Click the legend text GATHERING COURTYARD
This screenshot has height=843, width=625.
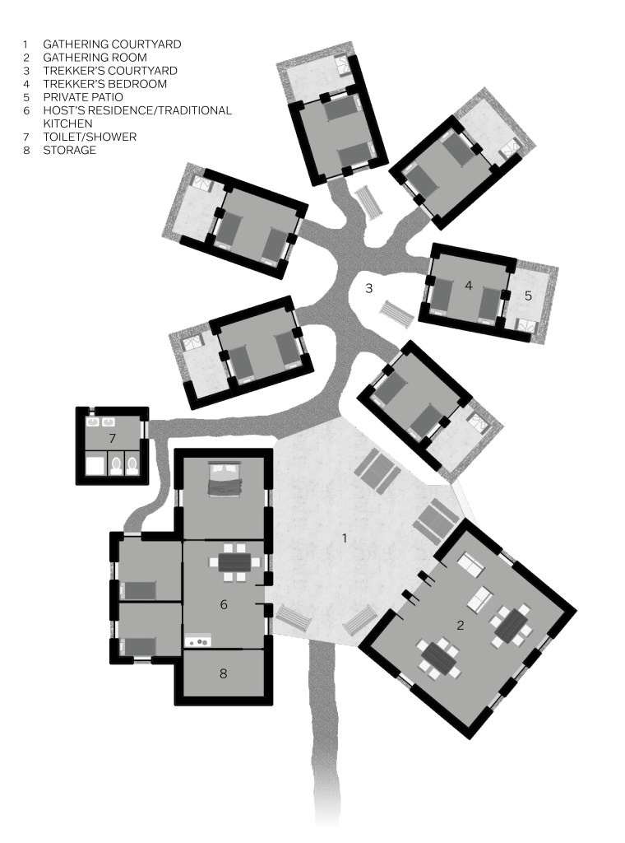[112, 44]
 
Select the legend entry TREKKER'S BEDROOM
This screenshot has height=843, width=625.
[104, 84]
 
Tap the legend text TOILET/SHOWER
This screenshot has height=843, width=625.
[90, 137]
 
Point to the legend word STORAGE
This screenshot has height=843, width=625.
[69, 150]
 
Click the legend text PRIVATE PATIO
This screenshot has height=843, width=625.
[83, 97]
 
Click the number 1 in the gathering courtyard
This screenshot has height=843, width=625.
[345, 538]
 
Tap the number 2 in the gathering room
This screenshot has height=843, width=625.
[460, 625]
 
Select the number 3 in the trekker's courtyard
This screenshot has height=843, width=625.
[368, 289]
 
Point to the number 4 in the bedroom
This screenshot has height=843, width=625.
[469, 286]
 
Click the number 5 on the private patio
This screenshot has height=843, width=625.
[528, 296]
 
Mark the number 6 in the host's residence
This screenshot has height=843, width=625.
[224, 605]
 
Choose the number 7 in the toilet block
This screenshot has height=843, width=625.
[112, 439]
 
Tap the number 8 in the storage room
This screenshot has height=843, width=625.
[224, 673]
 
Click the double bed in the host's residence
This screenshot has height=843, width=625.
[224, 478]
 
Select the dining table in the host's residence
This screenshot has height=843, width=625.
[234, 562]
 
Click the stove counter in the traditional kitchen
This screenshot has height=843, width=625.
[197, 640]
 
